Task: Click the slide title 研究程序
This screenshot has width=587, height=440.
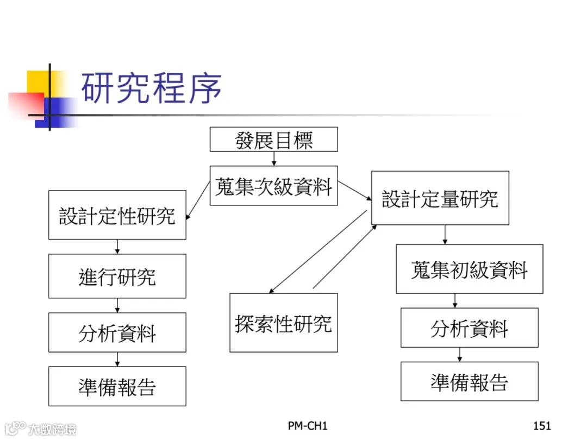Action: click(151, 88)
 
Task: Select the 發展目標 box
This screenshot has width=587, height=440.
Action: click(273, 140)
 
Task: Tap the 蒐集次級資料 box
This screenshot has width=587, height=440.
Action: click(273, 186)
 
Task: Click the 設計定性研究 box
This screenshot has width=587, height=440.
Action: click(117, 215)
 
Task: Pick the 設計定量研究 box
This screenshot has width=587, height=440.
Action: click(440, 198)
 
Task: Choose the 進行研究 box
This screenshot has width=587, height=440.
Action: click(117, 276)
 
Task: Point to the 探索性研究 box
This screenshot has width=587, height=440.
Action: click(283, 323)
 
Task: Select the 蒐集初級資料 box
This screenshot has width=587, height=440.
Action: click(469, 269)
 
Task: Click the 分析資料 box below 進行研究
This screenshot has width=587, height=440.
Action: click(117, 332)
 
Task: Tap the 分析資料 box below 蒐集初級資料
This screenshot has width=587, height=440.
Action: click(469, 328)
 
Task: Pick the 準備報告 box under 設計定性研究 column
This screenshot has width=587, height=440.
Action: click(117, 386)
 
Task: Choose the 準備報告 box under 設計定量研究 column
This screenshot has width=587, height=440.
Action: click(469, 381)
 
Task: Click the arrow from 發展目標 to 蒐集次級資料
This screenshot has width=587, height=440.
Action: click(274, 159)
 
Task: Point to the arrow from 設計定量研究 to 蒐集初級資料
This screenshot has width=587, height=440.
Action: click(445, 235)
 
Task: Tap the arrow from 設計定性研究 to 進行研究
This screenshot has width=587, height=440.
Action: click(117, 247)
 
